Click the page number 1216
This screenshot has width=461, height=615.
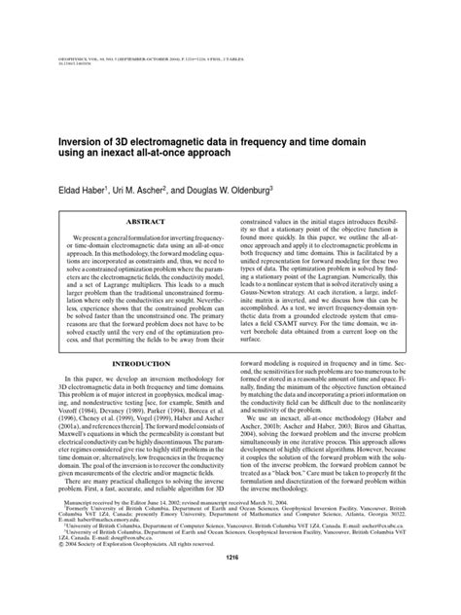click(230, 584)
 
